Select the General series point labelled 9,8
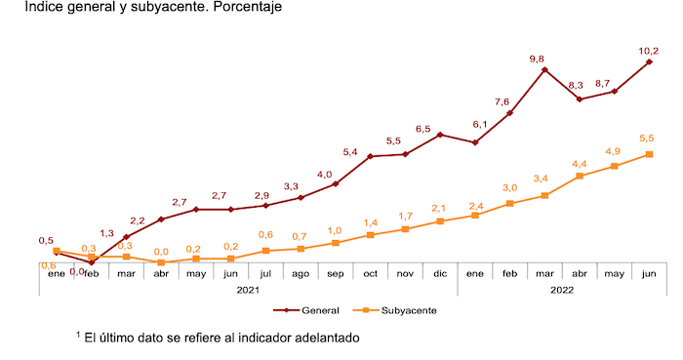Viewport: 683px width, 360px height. tap(544, 70)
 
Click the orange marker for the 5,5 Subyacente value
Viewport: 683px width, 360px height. tap(649, 154)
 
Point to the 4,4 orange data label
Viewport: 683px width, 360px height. tap(580, 163)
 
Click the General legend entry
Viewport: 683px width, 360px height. tap(306, 310)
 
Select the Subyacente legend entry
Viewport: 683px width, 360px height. tap(399, 310)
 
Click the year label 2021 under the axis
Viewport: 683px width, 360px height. tap(248, 290)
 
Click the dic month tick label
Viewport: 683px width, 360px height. tap(440, 274)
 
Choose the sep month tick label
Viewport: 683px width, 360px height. tap(335, 274)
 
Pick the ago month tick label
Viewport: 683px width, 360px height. tap(301, 274)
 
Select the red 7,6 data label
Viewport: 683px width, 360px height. tap(502, 101)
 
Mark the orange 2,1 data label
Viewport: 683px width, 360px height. tap(439, 208)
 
